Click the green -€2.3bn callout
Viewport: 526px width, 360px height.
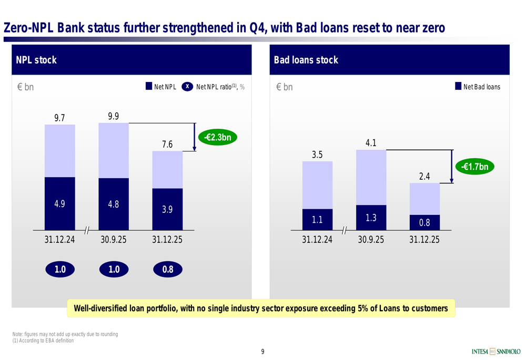217,138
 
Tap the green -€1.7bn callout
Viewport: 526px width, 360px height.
475,167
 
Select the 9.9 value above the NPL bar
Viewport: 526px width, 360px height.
114,116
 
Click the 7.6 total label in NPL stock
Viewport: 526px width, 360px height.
167,145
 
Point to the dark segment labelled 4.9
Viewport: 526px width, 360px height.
60,203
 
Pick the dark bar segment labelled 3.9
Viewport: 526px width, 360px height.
167,209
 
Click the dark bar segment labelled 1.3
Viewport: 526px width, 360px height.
371,218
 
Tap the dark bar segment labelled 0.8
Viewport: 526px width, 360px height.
424,222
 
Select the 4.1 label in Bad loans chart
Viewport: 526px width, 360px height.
371,143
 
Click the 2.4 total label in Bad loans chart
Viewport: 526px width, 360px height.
424,176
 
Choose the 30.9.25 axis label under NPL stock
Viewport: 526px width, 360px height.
114,240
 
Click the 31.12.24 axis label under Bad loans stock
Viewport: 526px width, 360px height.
317,240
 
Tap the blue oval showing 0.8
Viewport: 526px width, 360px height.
168,270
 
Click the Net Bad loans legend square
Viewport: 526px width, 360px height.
458,87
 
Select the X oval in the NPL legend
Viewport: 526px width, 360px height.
187,87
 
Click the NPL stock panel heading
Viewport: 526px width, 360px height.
36,60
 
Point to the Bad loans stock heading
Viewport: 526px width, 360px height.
306,60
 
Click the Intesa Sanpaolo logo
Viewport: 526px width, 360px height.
496,352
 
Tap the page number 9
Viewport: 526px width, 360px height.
263,352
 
